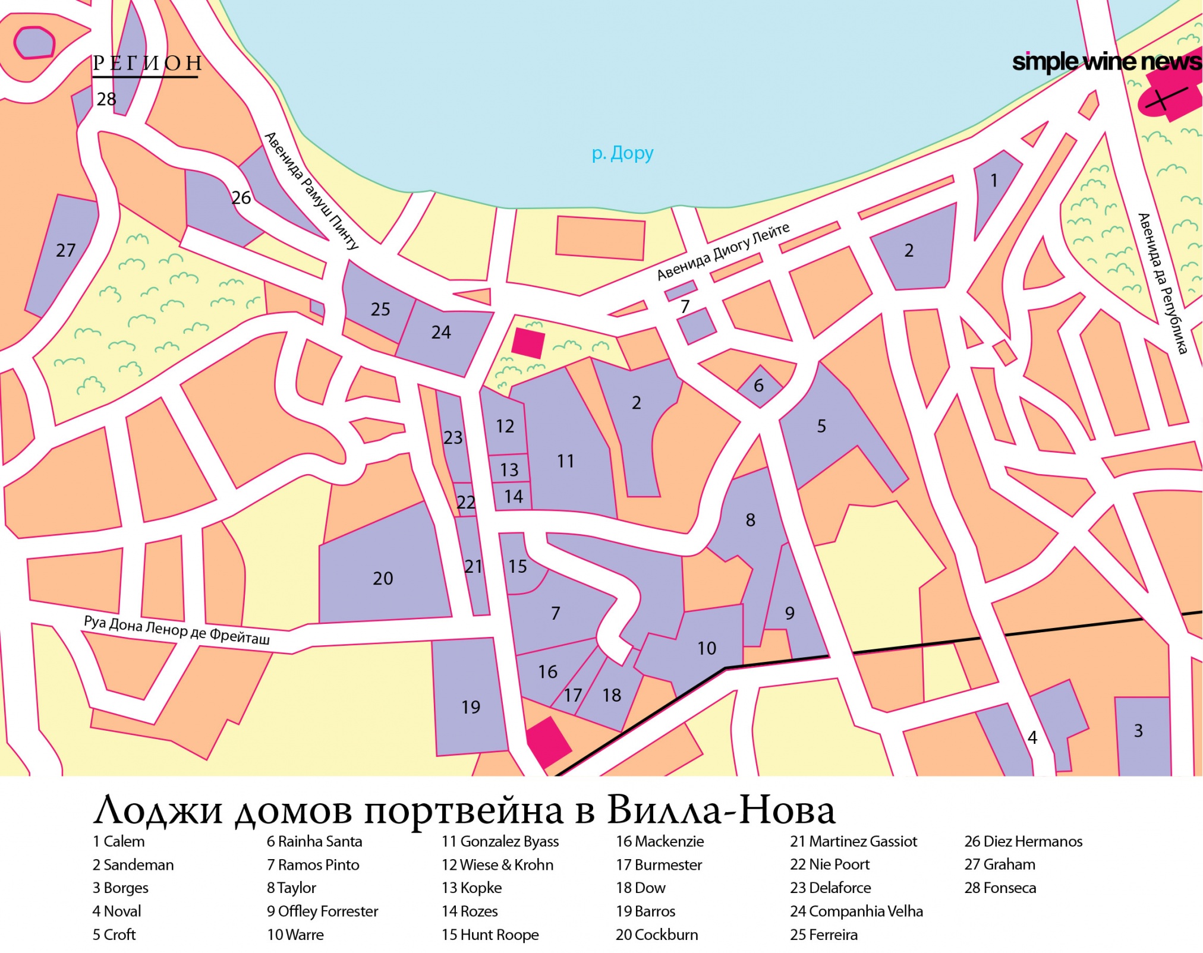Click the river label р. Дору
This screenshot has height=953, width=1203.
tap(622, 153)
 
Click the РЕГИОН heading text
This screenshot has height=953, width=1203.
tap(147, 64)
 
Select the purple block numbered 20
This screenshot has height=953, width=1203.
tap(382, 578)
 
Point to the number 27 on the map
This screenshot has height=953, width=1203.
tap(65, 250)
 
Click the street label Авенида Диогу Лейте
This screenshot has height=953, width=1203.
tap(723, 251)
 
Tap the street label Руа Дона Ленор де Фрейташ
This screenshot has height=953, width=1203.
tap(177, 630)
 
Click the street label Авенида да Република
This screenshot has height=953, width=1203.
tap(1162, 283)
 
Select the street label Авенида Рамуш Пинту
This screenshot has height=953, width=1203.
tap(311, 190)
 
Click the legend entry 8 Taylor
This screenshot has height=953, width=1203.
tap(291, 888)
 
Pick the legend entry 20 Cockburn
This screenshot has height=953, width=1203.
tap(656, 935)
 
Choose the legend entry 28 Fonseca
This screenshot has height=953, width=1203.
tap(1000, 888)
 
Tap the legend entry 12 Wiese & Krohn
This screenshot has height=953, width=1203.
tap(497, 864)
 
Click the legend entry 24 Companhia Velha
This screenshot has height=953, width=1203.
tap(856, 911)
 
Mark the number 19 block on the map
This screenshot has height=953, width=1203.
tap(470, 706)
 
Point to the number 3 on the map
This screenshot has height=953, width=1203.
tap(1138, 730)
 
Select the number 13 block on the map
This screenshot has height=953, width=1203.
tap(509, 469)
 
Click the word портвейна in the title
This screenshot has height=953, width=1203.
tap(463, 811)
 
